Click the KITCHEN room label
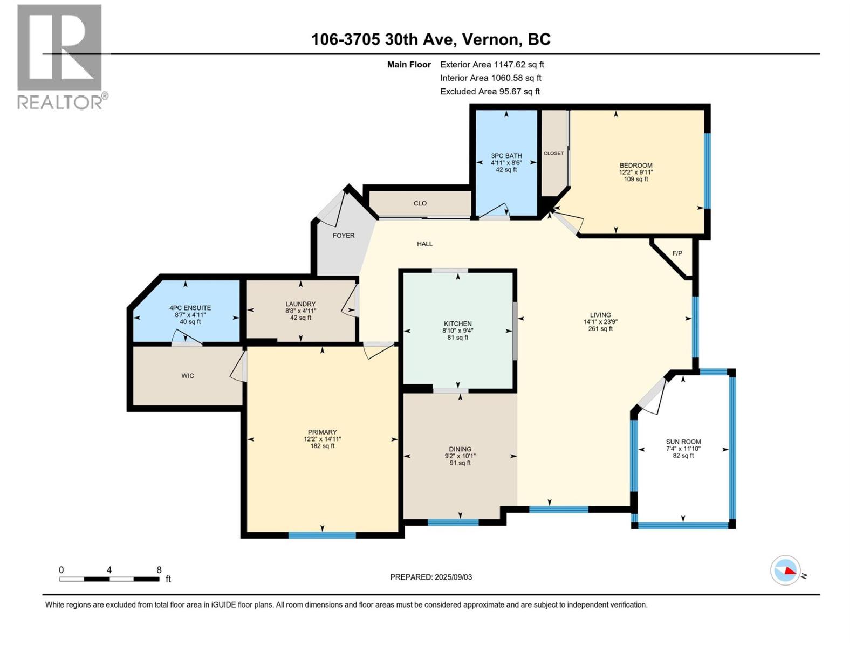(x=458, y=323)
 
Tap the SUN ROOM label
(x=683, y=442)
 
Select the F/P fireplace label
(x=677, y=253)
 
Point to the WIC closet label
(x=188, y=376)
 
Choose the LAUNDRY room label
(x=300, y=304)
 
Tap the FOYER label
(x=344, y=236)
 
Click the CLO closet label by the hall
(x=420, y=203)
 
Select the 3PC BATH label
(x=506, y=156)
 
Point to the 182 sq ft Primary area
(x=322, y=446)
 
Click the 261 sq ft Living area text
(x=600, y=329)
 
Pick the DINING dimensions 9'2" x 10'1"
(x=460, y=456)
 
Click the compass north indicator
(x=786, y=570)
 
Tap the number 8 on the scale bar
(x=159, y=570)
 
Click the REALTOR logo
(x=60, y=57)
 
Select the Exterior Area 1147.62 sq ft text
(x=492, y=65)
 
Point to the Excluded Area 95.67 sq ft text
(x=490, y=92)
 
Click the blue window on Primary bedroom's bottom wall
(x=322, y=535)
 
